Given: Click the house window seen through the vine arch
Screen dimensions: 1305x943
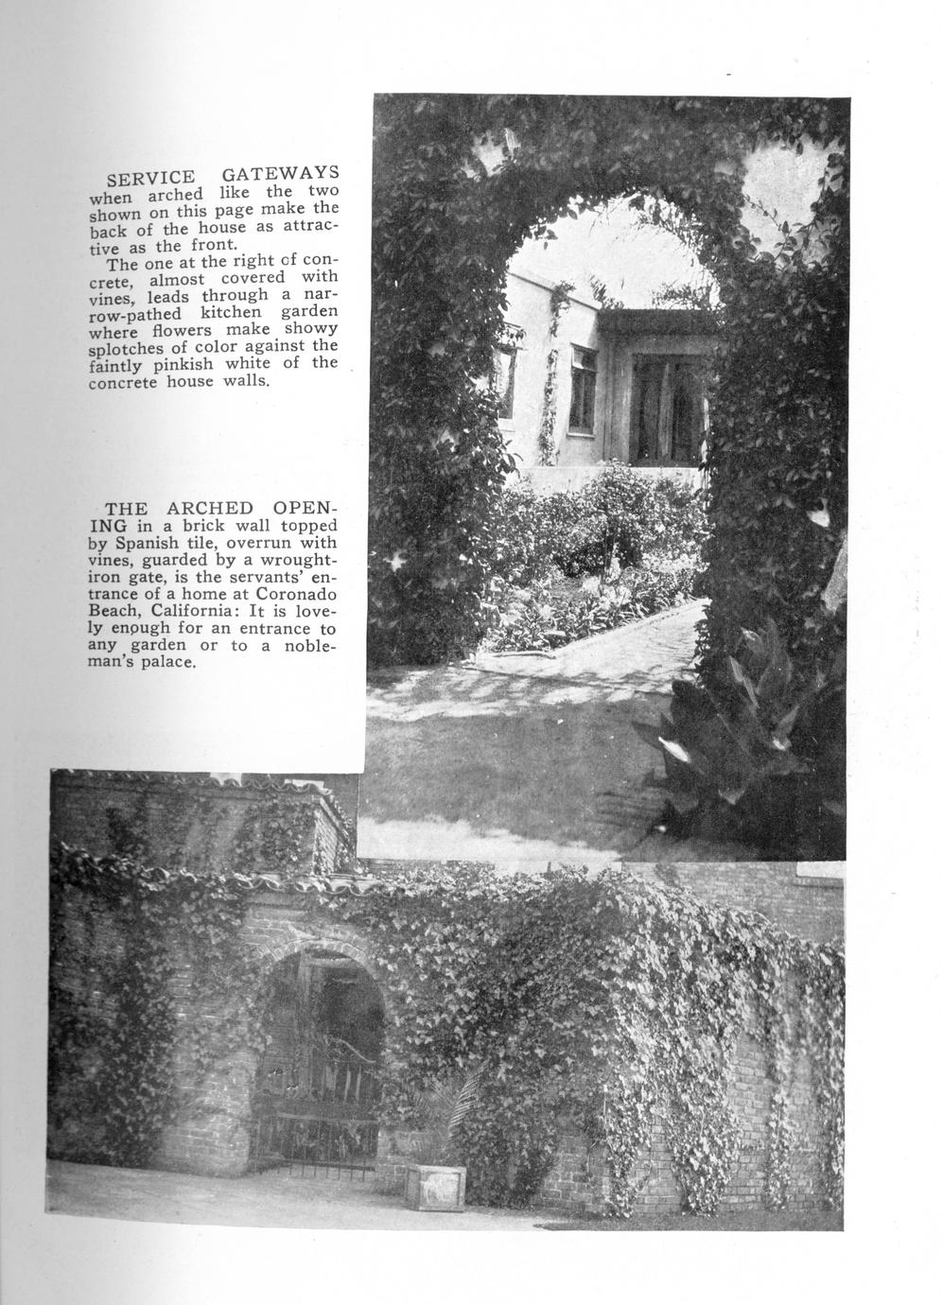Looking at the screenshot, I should [584, 386].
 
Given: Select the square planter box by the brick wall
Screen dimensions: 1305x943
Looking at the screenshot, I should [435, 1186].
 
